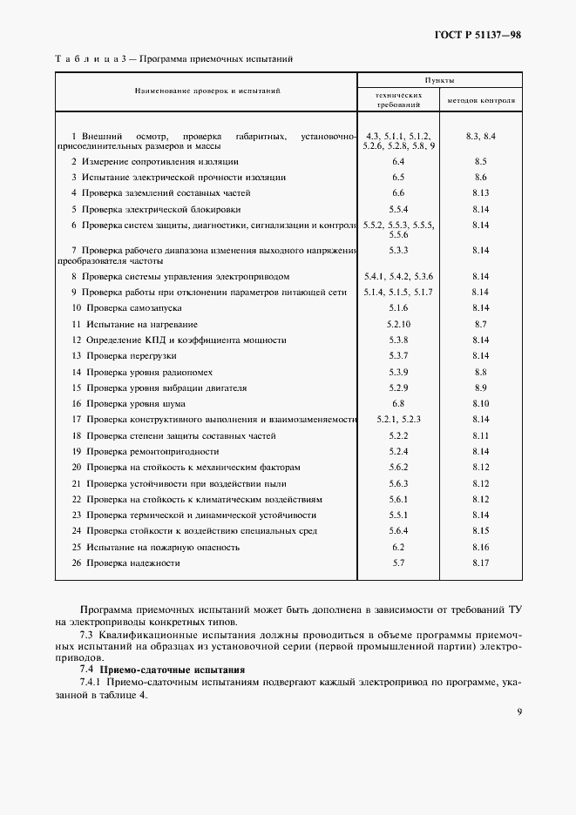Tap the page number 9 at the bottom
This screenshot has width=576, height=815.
tap(518, 711)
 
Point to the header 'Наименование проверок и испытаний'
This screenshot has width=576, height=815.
tap(207, 91)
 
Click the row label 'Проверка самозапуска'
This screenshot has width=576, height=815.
tap(123, 307)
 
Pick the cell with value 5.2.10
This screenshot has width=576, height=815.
tap(399, 323)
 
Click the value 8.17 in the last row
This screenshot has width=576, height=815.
tap(480, 563)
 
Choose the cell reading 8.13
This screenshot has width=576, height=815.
tap(480, 193)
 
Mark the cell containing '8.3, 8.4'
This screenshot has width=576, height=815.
tap(480, 137)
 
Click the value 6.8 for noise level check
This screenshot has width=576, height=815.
tap(399, 403)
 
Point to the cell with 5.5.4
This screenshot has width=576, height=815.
tap(399, 209)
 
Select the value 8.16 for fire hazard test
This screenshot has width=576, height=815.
tap(480, 547)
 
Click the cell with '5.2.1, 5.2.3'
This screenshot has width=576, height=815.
tap(399, 419)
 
